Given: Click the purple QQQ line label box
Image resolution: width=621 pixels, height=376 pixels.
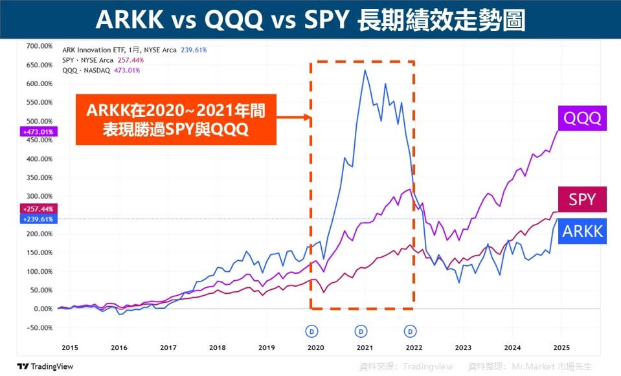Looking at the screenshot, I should pyautogui.click(x=581, y=118).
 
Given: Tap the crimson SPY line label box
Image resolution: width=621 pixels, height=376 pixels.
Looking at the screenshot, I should pyautogui.click(x=581, y=199).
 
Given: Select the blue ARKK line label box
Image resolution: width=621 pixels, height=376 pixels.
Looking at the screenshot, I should pyautogui.click(x=581, y=231).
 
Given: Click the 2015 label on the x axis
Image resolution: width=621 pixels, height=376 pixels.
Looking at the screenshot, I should pyautogui.click(x=69, y=348).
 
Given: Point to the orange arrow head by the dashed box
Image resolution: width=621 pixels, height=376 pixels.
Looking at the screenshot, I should pyautogui.click(x=308, y=118).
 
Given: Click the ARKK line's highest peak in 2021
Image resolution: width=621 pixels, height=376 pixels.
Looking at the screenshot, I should pyautogui.click(x=365, y=70).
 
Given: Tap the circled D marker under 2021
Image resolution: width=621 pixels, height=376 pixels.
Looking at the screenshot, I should pyautogui.click(x=361, y=331).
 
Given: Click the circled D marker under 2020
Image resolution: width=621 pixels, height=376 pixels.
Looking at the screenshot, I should pyautogui.click(x=312, y=331).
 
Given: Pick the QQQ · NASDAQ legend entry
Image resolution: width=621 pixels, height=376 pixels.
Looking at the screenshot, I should pyautogui.click(x=103, y=69).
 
